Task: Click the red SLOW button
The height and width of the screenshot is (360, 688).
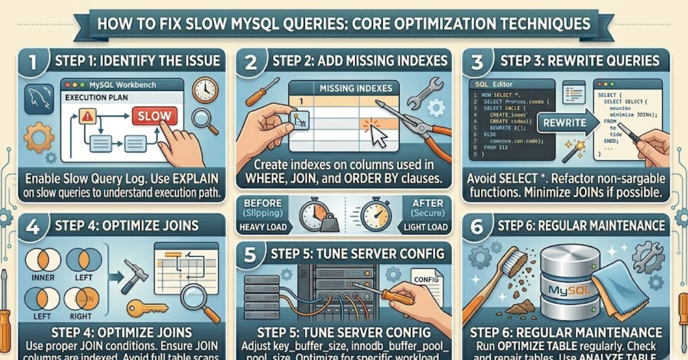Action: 154,116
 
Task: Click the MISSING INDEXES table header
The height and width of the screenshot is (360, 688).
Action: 355,88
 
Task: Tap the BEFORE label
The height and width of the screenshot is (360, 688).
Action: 263,204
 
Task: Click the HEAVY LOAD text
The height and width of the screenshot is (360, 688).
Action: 264,227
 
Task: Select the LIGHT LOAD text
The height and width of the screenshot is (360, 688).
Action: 425,227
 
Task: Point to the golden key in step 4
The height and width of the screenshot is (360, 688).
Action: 144,308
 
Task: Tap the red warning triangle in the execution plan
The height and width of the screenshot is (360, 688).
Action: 87,116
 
